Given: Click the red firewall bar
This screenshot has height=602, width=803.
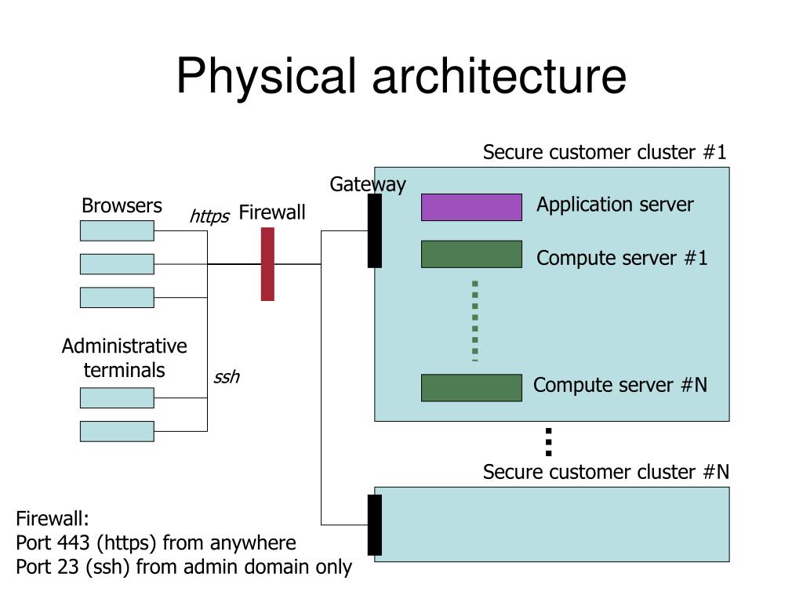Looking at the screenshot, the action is point(267,264).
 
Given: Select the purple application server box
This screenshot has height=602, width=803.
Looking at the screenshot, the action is point(471,207).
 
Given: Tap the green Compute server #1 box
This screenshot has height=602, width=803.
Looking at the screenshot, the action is point(471,254).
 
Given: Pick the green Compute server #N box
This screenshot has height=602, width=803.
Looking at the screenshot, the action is point(471,387).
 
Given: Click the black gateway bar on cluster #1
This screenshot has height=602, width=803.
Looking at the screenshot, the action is point(374,230).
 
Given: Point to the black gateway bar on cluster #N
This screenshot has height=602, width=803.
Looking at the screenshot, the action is point(374,524).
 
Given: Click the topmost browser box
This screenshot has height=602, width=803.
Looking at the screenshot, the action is point(117,231).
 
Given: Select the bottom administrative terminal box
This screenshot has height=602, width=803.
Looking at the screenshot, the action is point(117,431).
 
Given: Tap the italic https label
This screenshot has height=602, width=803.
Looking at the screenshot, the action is point(209,216).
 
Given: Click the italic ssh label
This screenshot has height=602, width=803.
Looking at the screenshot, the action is point(227,377).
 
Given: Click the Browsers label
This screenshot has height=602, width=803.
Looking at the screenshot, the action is point(122,206).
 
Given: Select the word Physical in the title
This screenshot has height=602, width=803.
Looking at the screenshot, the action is point(266,76).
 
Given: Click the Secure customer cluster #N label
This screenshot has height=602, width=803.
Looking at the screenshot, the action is point(606,472).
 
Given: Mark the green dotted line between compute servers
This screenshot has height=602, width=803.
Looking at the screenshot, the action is point(474,321).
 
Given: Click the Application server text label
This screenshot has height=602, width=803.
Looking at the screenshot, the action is point(615,205).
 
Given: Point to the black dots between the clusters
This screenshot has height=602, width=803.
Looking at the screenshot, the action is point(548,442).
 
